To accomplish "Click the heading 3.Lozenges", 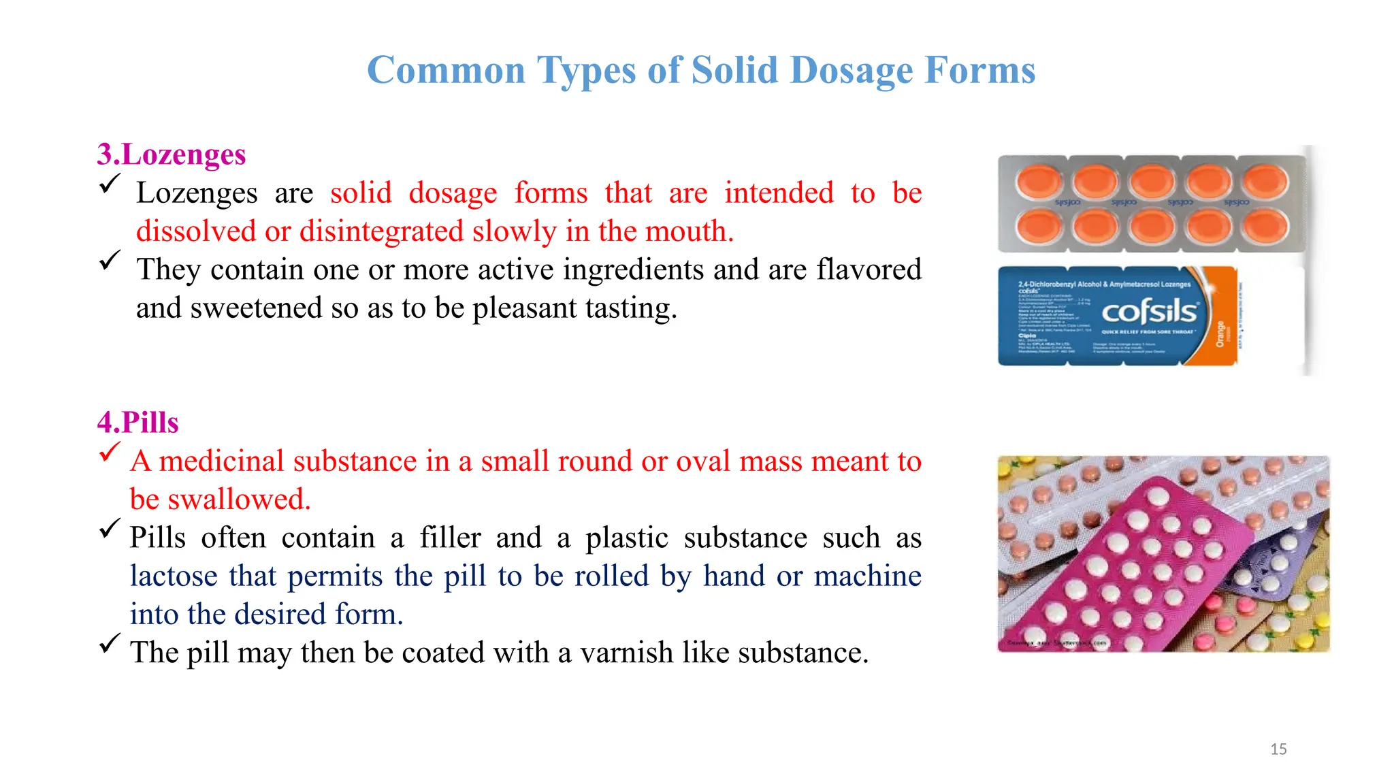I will (171, 154).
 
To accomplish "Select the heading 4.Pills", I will (137, 423).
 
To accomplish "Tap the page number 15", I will (1278, 749).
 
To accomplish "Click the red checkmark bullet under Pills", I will (109, 453).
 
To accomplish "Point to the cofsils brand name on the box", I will (1149, 312).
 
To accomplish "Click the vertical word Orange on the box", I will (1220, 333).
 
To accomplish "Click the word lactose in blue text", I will (174, 576).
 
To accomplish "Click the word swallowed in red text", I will (239, 500).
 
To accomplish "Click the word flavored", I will (869, 270).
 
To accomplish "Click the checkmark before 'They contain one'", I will (109, 261).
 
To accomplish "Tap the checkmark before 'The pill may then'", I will (109, 643).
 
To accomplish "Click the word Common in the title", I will (446, 71).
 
